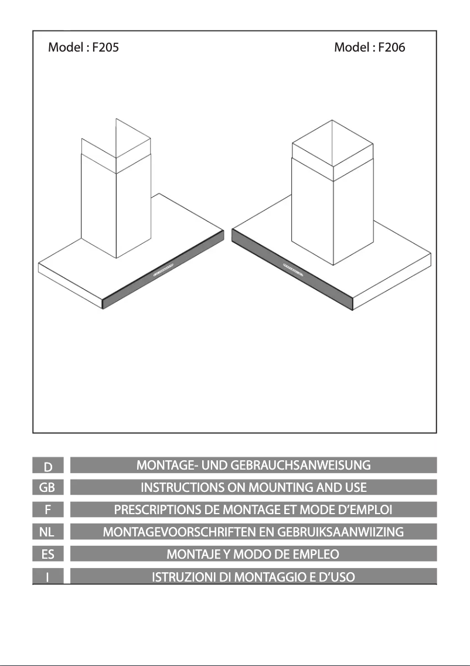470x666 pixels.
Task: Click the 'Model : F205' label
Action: tap(83, 47)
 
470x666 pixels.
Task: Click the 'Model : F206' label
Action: tap(369, 47)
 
